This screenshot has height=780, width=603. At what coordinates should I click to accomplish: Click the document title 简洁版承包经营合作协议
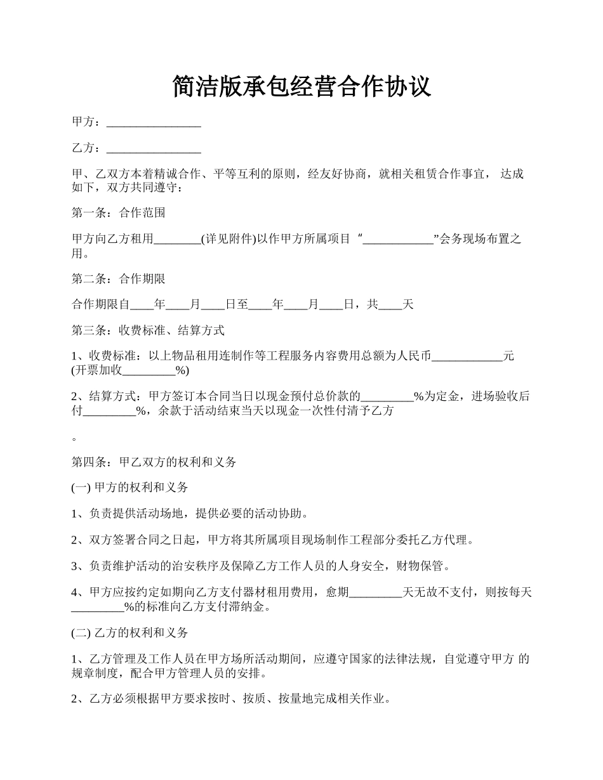click(x=301, y=87)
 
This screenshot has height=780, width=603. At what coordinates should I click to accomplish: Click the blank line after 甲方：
click(x=154, y=122)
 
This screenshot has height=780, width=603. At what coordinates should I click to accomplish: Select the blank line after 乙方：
click(x=154, y=148)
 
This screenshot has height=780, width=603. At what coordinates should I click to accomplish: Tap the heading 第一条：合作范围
click(x=119, y=213)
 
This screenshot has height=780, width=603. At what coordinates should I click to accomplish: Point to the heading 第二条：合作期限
click(x=119, y=278)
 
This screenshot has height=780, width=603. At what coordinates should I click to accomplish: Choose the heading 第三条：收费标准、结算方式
click(x=148, y=330)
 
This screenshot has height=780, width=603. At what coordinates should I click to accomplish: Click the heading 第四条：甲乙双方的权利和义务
click(x=154, y=462)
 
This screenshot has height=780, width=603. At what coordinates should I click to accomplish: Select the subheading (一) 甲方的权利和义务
click(x=130, y=488)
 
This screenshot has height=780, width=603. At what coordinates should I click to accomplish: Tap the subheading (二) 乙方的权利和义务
click(x=130, y=633)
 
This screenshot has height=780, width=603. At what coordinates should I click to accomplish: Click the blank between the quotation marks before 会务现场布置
click(x=398, y=239)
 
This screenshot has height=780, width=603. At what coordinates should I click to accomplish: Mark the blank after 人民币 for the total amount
click(x=467, y=356)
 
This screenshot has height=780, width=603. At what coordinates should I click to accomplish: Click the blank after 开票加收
click(x=149, y=370)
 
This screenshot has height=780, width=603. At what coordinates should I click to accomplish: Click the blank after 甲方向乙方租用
click(x=177, y=239)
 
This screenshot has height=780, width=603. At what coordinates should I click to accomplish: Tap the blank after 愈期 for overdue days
click(x=376, y=592)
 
